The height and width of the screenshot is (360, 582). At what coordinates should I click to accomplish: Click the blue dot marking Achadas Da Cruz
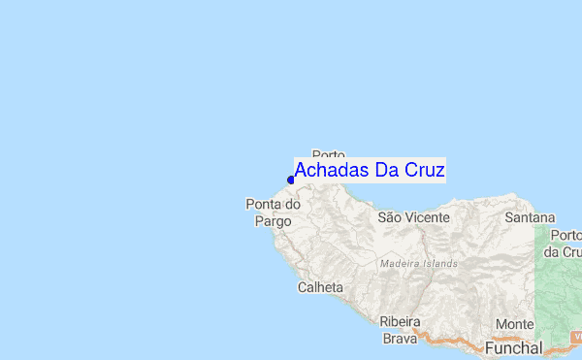click(291, 180)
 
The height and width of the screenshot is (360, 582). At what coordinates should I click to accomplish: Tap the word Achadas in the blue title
click(329, 171)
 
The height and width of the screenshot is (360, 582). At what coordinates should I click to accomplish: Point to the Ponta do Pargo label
click(273, 213)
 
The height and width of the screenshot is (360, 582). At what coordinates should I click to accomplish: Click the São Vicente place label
click(413, 218)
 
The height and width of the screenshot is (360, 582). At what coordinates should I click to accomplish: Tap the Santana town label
click(530, 218)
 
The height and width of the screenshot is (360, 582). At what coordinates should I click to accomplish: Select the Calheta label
click(320, 287)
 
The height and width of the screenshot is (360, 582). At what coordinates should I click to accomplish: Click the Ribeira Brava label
click(400, 330)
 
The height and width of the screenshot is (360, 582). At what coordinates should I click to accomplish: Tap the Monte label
click(514, 324)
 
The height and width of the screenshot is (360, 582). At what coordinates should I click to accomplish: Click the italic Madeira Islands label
click(419, 263)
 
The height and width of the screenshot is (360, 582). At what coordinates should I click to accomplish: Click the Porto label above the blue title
click(330, 154)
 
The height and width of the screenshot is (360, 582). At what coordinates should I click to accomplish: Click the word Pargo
click(273, 221)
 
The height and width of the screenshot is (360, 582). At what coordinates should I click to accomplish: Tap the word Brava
click(400, 339)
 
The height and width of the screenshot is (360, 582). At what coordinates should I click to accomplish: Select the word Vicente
click(427, 218)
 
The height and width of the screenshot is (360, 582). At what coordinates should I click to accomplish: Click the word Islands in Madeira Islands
click(441, 263)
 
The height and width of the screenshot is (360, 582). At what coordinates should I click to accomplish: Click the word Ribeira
click(400, 322)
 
